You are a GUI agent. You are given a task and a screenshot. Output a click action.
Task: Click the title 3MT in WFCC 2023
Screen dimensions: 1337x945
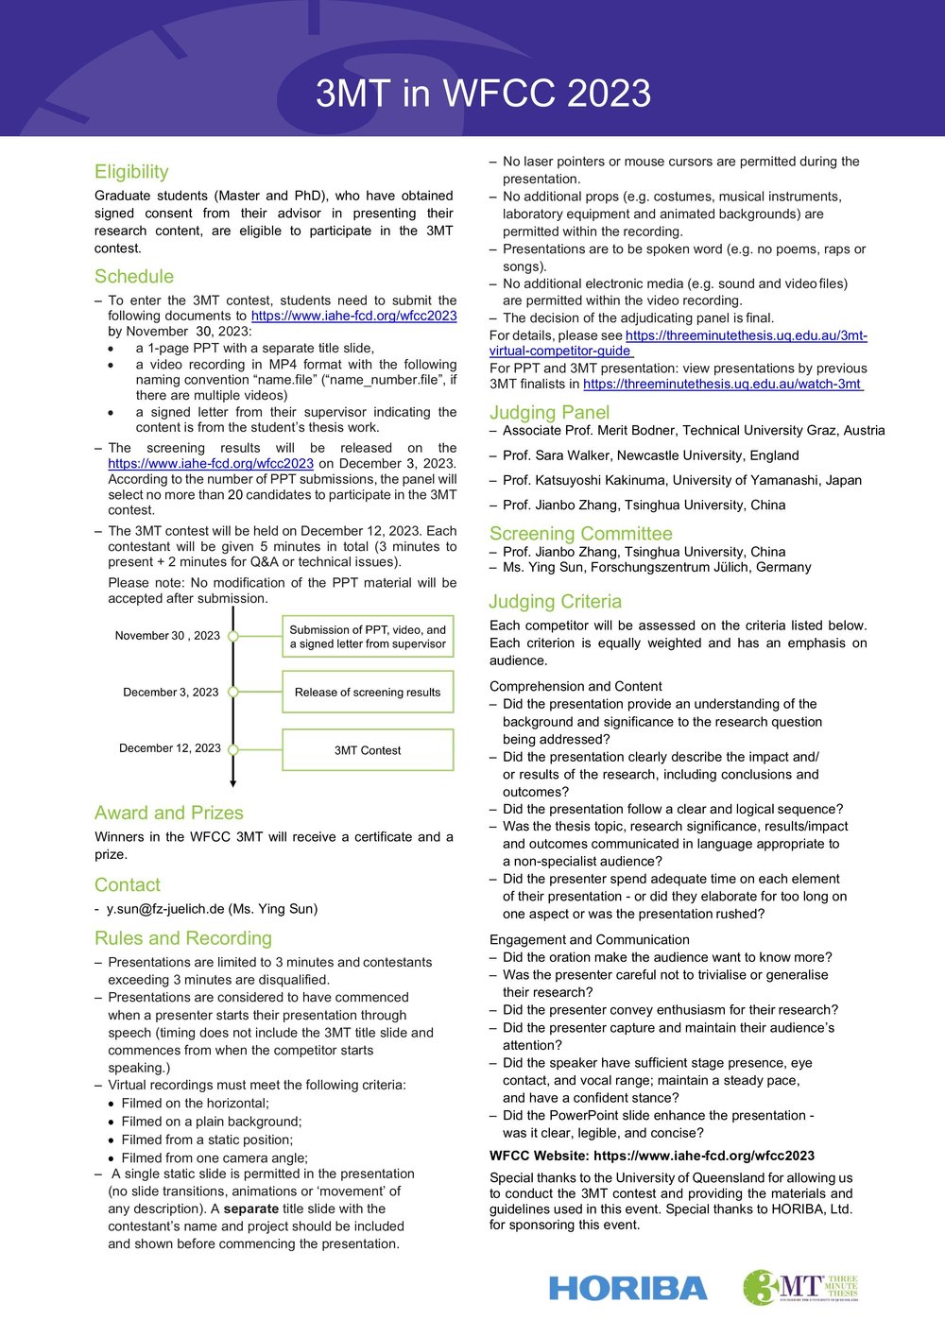tap(483, 94)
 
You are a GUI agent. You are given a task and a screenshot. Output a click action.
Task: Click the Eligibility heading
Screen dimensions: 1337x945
tap(131, 172)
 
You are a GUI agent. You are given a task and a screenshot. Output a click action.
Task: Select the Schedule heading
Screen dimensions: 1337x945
tap(134, 277)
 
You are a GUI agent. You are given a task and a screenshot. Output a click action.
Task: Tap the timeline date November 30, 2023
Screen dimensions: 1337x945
tap(167, 636)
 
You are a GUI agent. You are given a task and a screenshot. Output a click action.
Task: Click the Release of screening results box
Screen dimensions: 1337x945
tap(368, 693)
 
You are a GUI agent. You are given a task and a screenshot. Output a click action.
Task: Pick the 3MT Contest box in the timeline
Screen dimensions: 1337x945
tap(368, 750)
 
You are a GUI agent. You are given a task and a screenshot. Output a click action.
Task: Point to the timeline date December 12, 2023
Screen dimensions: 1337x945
tap(170, 748)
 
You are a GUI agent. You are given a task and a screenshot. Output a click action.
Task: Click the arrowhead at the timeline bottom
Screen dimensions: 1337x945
tap(233, 782)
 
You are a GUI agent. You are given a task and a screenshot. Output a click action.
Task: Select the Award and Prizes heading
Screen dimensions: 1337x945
tap(169, 814)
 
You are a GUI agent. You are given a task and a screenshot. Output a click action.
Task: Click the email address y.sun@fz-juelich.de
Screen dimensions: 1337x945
tap(165, 909)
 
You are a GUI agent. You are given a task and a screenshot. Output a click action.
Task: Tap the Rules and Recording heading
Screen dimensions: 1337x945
tap(183, 938)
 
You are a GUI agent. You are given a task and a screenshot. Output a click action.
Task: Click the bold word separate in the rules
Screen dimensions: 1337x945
tap(250, 1208)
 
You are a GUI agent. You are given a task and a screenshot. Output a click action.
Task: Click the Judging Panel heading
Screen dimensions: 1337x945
tap(549, 413)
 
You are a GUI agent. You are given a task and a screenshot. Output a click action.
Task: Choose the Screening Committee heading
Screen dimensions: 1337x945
tap(580, 534)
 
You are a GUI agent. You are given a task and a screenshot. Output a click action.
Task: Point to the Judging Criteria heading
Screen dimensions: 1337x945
tap(555, 602)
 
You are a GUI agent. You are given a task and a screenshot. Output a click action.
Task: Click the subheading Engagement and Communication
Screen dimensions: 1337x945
tap(589, 940)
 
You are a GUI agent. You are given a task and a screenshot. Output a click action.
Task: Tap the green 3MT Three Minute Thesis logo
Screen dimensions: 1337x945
tap(799, 1287)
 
